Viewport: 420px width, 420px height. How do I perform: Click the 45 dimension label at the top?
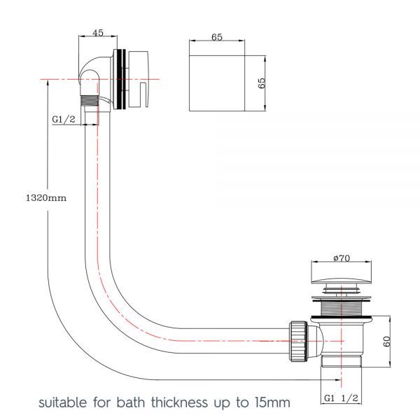98,33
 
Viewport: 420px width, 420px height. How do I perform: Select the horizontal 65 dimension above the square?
217,37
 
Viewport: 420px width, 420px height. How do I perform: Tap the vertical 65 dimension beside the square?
261,83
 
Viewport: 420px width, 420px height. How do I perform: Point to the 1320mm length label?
46,198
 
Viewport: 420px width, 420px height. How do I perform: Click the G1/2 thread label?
64,119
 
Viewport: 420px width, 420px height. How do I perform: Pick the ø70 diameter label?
342,258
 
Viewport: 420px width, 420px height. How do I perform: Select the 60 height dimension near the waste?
387,342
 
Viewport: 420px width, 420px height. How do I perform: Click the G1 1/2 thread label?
341,398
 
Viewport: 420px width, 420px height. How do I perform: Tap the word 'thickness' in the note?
179,402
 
